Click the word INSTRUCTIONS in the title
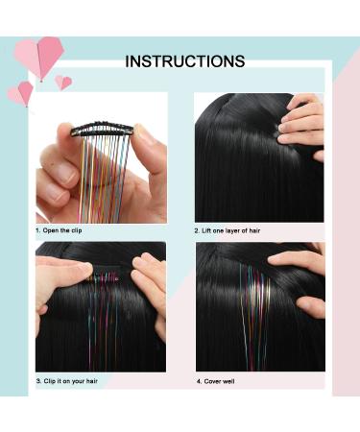[184, 61]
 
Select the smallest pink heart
[63, 83]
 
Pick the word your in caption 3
[88, 381]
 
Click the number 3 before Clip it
[38, 381]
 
